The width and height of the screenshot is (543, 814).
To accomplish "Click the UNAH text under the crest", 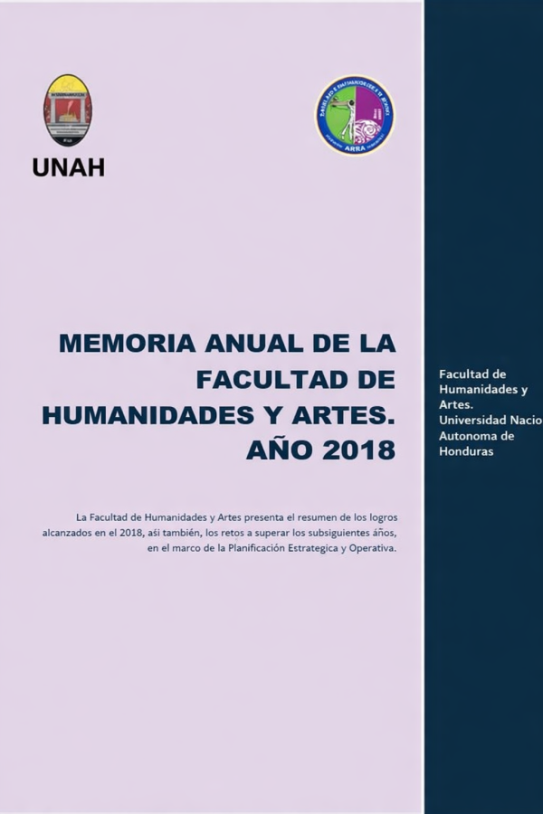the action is pos(68,167).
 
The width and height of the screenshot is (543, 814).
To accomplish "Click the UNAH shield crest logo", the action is pos(68,110).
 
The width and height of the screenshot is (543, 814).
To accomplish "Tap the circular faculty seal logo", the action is pos(355,115).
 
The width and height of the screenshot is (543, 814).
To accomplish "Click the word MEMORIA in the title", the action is pos(128,344).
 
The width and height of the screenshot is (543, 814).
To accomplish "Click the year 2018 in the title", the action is pos(358,450).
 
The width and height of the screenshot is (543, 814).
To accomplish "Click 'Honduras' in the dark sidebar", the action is pos(466,451).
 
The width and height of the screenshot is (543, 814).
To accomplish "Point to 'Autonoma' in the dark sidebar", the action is pos(467,436).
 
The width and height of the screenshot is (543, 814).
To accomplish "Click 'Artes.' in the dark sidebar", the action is pos(456,405).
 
